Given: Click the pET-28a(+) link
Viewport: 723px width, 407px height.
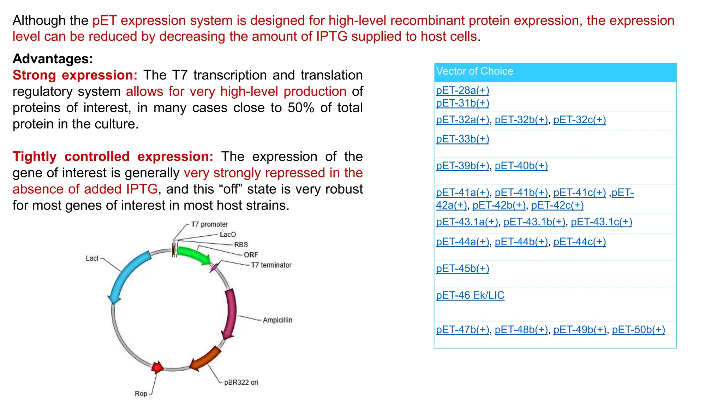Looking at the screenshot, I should [x=462, y=90].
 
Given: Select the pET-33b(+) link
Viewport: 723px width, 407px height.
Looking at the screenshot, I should [x=462, y=139].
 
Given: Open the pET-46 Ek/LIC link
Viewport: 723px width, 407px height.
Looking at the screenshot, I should [x=470, y=295].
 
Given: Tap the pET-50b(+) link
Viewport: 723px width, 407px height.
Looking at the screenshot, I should [x=638, y=330].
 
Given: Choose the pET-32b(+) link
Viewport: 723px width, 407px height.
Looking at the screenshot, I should [x=521, y=120].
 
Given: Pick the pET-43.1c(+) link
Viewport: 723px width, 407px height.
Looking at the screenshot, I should [x=601, y=222].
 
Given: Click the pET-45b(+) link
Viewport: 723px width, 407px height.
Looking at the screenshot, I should [x=462, y=269].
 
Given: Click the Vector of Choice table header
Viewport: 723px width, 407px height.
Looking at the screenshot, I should [x=555, y=72].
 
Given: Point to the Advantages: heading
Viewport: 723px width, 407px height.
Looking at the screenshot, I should [x=53, y=59].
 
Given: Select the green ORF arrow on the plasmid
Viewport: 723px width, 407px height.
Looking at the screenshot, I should [x=193, y=255].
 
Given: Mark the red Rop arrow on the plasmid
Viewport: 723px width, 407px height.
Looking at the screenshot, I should [x=157, y=367].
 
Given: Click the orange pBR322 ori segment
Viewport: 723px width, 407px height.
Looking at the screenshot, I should [x=206, y=359].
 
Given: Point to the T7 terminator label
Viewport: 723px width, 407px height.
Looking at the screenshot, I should [x=271, y=265].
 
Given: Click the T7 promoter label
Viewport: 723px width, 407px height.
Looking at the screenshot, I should [x=209, y=224].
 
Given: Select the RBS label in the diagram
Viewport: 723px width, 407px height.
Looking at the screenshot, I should [x=241, y=244].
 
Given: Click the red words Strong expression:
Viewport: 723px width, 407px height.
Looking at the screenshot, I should [x=75, y=75].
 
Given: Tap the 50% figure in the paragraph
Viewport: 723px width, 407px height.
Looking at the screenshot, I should [x=301, y=108].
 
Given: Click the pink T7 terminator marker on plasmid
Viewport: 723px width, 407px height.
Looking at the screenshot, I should [x=214, y=267].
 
